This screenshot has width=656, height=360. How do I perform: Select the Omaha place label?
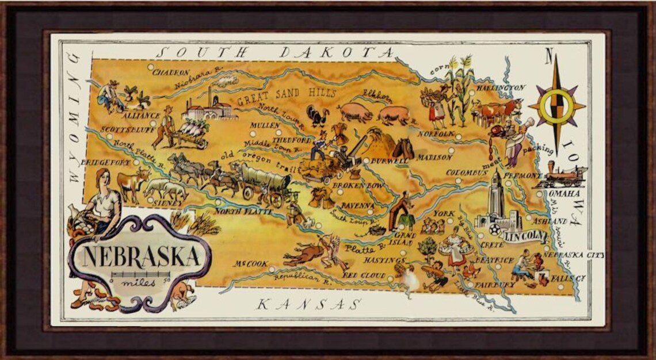(567, 194)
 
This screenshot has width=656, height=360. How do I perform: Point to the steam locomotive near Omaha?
(561, 174)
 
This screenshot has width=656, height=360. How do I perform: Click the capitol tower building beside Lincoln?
(496, 198)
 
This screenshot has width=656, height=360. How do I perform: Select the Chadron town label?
(172, 73)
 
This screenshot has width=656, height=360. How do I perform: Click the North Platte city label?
(237, 212)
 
